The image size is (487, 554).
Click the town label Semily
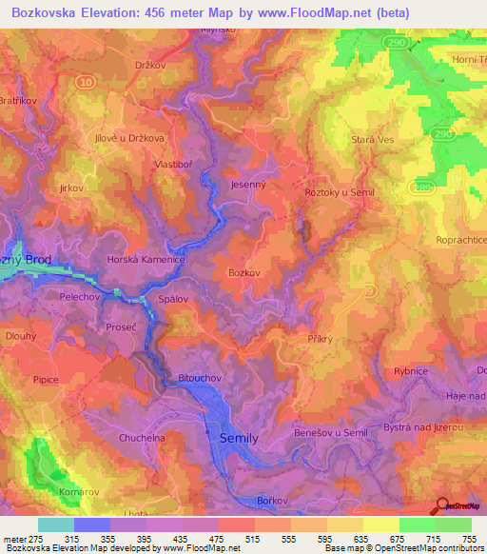point(239,438)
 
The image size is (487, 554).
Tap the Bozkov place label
point(244,272)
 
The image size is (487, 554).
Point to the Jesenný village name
point(249,186)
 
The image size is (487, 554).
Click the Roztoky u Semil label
point(340,192)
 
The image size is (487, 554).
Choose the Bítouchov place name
point(200,378)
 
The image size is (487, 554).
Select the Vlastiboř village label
point(174,164)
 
